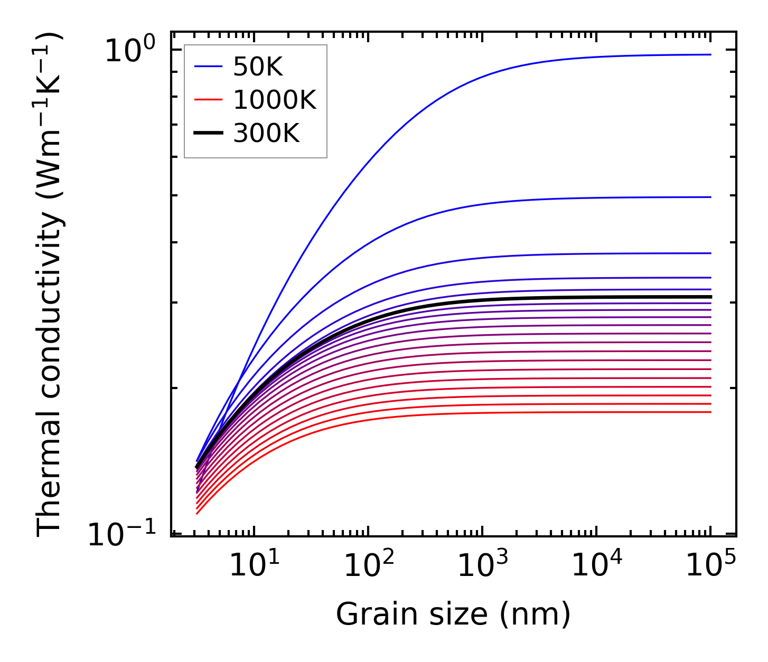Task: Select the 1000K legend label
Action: pos(275,100)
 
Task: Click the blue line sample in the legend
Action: pos(208,67)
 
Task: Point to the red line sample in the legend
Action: pos(208,100)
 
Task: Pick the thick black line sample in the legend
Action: pos(208,134)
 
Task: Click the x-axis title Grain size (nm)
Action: pos(453,614)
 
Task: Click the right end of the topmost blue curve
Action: pos(710,54)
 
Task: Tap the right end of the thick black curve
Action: pos(710,297)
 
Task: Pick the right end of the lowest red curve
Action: pos(710,412)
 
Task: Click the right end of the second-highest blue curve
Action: pos(710,197)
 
